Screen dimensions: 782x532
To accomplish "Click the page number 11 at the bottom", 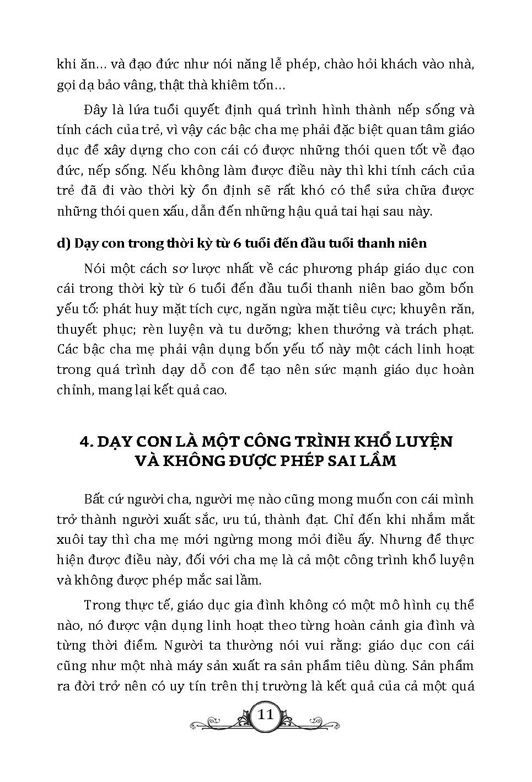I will (x=266, y=715).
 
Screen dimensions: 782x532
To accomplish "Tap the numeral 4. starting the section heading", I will (x=85, y=442).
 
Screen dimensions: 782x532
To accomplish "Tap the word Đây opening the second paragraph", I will (x=95, y=110).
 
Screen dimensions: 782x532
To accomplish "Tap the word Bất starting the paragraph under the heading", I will (x=95, y=500).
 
